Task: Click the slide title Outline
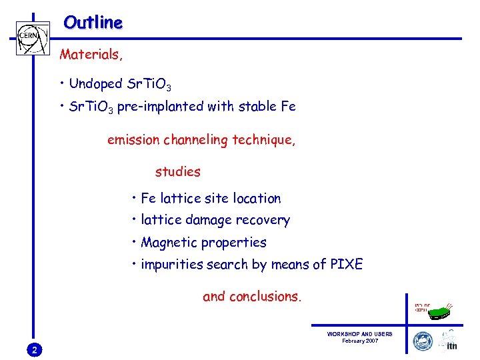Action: point(93,23)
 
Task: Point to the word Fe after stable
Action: point(287,106)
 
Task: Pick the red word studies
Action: point(177,172)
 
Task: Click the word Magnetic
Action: point(169,243)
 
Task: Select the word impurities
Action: point(171,265)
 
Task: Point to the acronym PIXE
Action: point(346,265)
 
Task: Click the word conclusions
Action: point(265,297)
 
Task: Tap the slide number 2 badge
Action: point(35,350)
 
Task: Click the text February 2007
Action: point(359,341)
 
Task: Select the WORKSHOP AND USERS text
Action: point(359,334)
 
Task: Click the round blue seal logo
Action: point(423,341)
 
